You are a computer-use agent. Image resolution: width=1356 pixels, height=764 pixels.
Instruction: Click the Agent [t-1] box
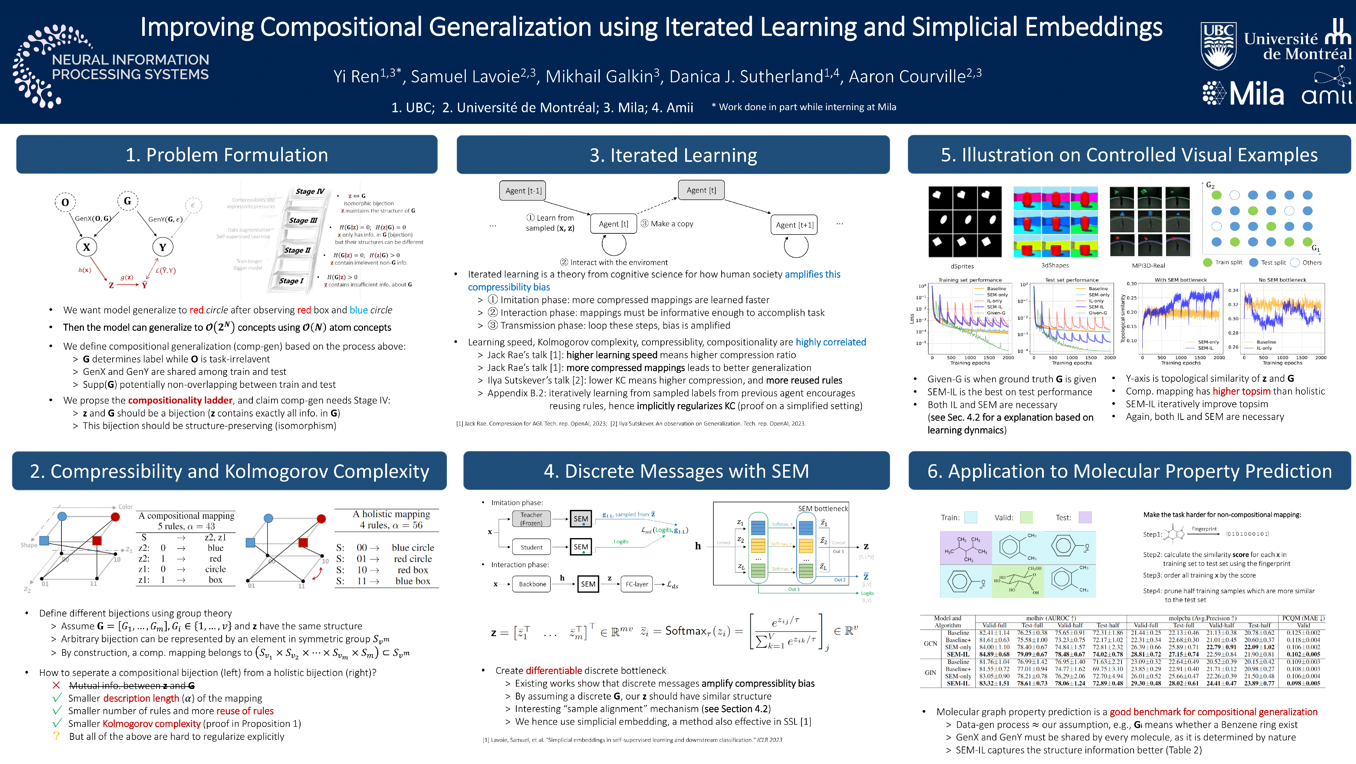(x=523, y=191)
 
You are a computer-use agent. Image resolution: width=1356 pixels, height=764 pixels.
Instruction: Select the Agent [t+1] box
(x=794, y=225)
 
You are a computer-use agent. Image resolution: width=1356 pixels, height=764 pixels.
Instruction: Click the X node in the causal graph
(x=86, y=247)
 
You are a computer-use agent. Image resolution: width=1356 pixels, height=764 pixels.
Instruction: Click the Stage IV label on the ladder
(x=310, y=192)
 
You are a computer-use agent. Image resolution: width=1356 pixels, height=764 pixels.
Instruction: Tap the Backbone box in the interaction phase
(x=532, y=584)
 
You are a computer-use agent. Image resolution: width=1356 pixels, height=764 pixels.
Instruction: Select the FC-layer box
(x=636, y=584)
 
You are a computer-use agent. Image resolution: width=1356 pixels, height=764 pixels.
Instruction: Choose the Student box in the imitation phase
(x=531, y=547)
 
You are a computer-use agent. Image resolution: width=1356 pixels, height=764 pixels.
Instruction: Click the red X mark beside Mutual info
(x=56, y=685)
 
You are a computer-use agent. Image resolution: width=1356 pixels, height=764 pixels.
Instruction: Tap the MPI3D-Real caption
(x=1148, y=266)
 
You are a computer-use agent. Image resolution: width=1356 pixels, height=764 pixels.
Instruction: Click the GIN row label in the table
(x=930, y=672)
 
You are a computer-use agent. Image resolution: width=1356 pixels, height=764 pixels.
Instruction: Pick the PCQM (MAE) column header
(x=1303, y=618)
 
